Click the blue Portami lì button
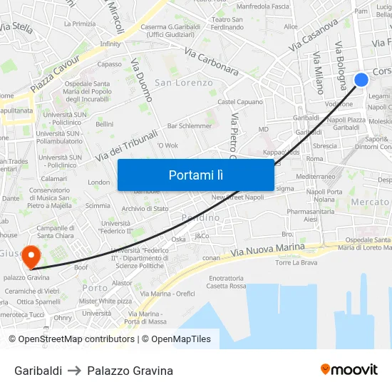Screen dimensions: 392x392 [195, 175]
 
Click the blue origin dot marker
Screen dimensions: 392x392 [361, 80]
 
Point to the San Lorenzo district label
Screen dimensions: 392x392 [184, 83]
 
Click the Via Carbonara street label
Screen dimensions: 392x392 [211, 61]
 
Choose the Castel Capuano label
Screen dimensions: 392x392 [240, 102]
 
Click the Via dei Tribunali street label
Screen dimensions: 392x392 [127, 145]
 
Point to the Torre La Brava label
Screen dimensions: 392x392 [296, 262]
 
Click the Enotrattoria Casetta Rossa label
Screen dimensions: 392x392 [227, 282]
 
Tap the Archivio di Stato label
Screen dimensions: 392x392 [145, 209]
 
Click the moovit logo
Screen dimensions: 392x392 [349, 369]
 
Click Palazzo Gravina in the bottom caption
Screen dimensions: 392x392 [130, 371]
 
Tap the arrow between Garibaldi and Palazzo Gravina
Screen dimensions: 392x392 [75, 371]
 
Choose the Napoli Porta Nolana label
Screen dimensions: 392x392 [320, 195]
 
